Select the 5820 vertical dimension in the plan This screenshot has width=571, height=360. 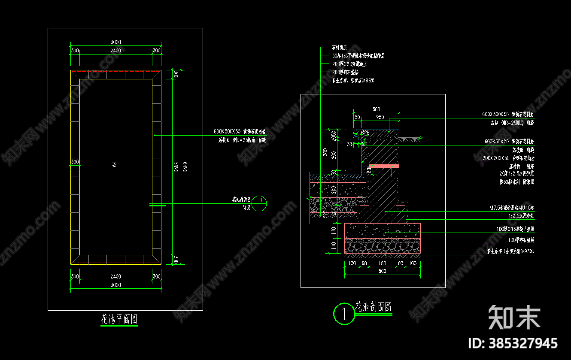click(x=176, y=167)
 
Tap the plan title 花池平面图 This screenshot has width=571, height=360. click(x=119, y=319)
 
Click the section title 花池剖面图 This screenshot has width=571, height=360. click(x=373, y=307)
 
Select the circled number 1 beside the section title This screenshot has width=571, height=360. click(x=343, y=314)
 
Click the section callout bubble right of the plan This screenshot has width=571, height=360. click(x=260, y=203)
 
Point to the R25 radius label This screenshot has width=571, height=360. click(x=365, y=133)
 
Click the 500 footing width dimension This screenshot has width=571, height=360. click(x=382, y=271)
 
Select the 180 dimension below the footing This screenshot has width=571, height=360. click(x=382, y=263)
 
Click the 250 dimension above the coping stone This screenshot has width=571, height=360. click(x=380, y=117)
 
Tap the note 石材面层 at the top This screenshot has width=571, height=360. click(x=339, y=47)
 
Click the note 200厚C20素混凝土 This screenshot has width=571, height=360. click(x=349, y=64)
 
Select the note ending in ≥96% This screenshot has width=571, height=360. click(x=353, y=80)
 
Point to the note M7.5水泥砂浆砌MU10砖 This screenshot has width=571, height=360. click(x=512, y=208)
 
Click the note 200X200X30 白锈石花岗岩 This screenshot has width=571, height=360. click(x=508, y=158)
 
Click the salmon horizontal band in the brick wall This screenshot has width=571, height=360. click(x=384, y=166)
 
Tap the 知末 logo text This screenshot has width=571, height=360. click(x=514, y=317)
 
